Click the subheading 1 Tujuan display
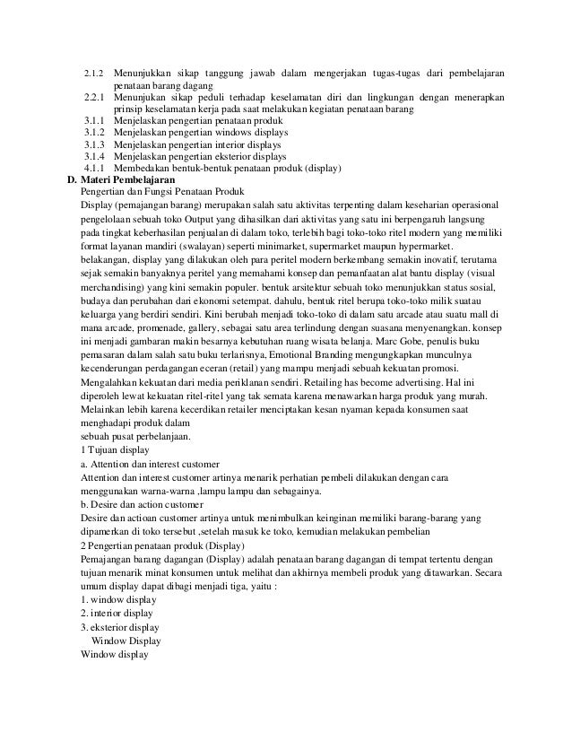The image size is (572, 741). [x=116, y=449]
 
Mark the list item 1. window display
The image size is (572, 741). [x=118, y=599]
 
